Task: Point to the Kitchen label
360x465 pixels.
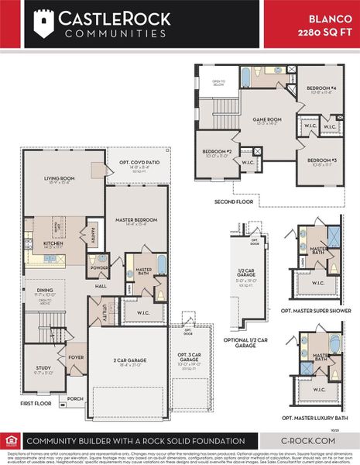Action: (53, 243)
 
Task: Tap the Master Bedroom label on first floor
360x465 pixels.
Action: (135, 220)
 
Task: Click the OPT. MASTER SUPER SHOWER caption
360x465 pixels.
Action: (317, 309)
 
